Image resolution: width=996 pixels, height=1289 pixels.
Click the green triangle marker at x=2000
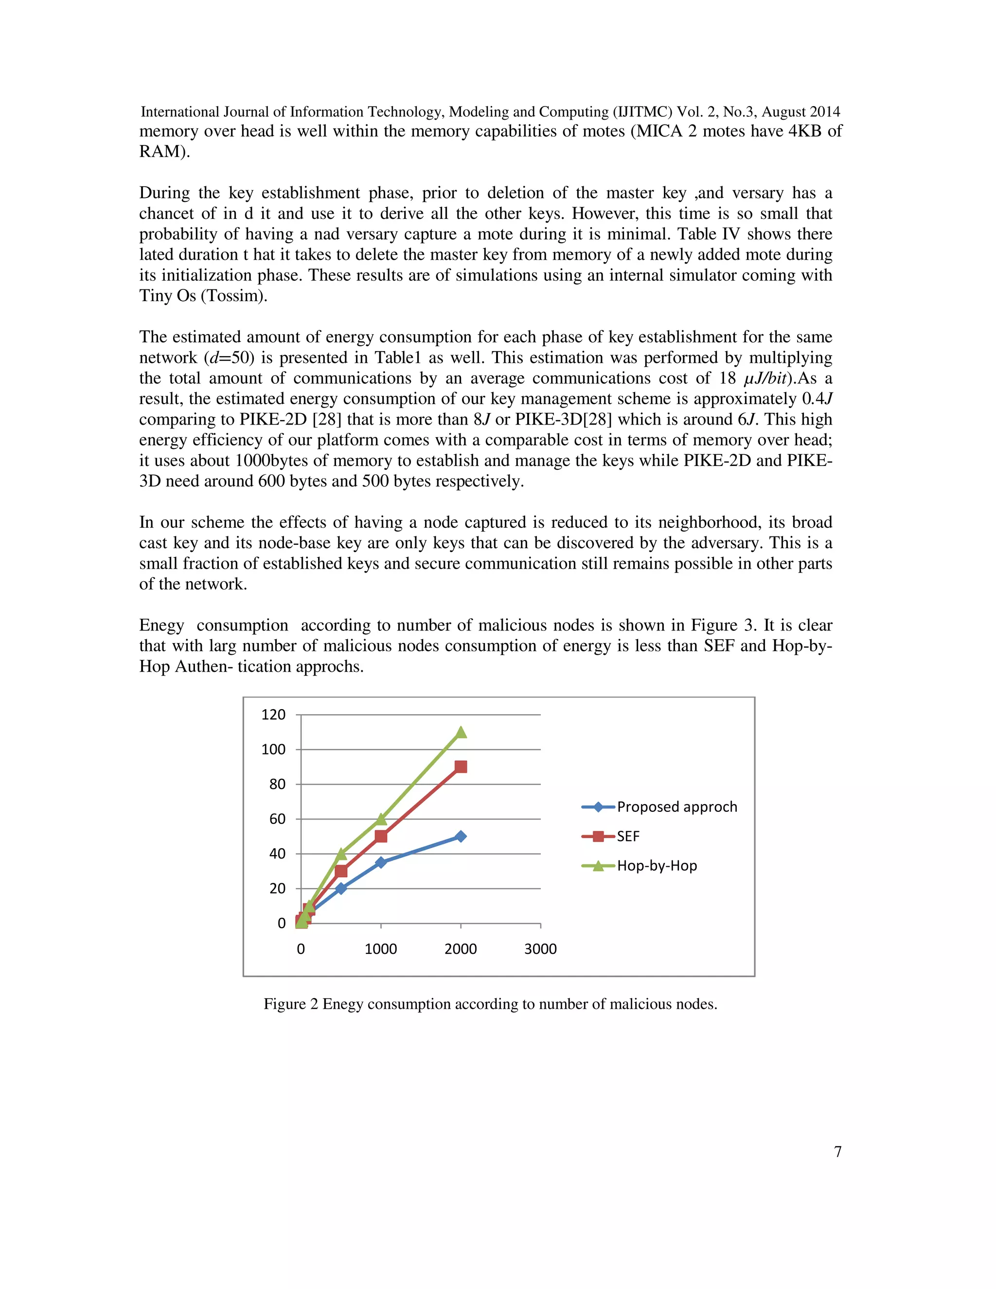pyautogui.click(x=461, y=733)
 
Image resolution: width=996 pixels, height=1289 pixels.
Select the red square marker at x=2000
pyautogui.click(x=461, y=767)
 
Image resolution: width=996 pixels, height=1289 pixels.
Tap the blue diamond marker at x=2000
pyautogui.click(x=461, y=836)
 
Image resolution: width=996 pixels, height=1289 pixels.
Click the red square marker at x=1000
pyautogui.click(x=381, y=836)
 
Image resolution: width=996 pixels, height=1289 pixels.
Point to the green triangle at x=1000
pyautogui.click(x=381, y=819)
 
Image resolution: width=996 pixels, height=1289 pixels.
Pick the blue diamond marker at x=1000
pyautogui.click(x=381, y=862)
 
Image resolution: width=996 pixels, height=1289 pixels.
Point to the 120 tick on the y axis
pyautogui.click(x=273, y=715)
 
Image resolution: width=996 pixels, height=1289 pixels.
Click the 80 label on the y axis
pyautogui.click(x=277, y=785)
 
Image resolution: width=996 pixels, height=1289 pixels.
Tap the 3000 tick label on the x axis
pyautogui.click(x=540, y=949)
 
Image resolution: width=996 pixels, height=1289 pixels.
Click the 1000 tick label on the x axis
pyautogui.click(x=381, y=949)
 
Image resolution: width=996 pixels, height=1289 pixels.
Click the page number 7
pyautogui.click(x=837, y=1151)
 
